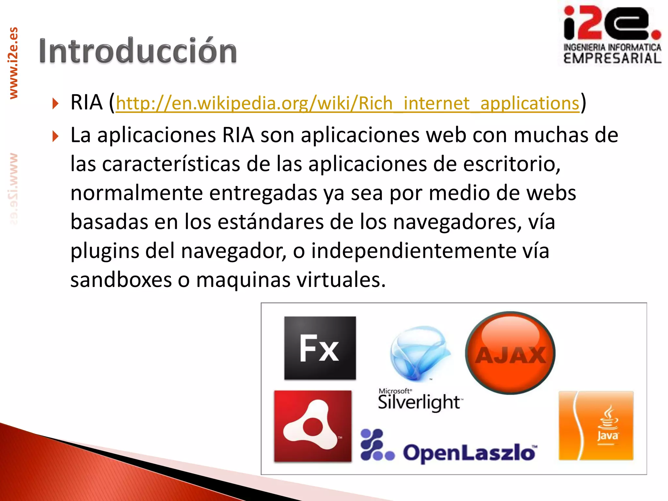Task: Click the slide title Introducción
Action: [138, 51]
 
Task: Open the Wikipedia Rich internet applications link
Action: [347, 103]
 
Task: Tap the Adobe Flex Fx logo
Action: [320, 348]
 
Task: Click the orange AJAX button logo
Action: [510, 353]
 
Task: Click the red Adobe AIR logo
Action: [312, 426]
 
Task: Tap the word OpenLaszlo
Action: [470, 453]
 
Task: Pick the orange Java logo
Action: [596, 426]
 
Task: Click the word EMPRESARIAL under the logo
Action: [612, 59]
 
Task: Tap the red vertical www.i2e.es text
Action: [13, 63]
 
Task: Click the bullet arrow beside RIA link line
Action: [55, 104]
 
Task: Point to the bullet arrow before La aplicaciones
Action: [55, 136]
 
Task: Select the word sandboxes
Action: [121, 280]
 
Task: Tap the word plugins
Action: [105, 251]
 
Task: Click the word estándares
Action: [270, 222]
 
